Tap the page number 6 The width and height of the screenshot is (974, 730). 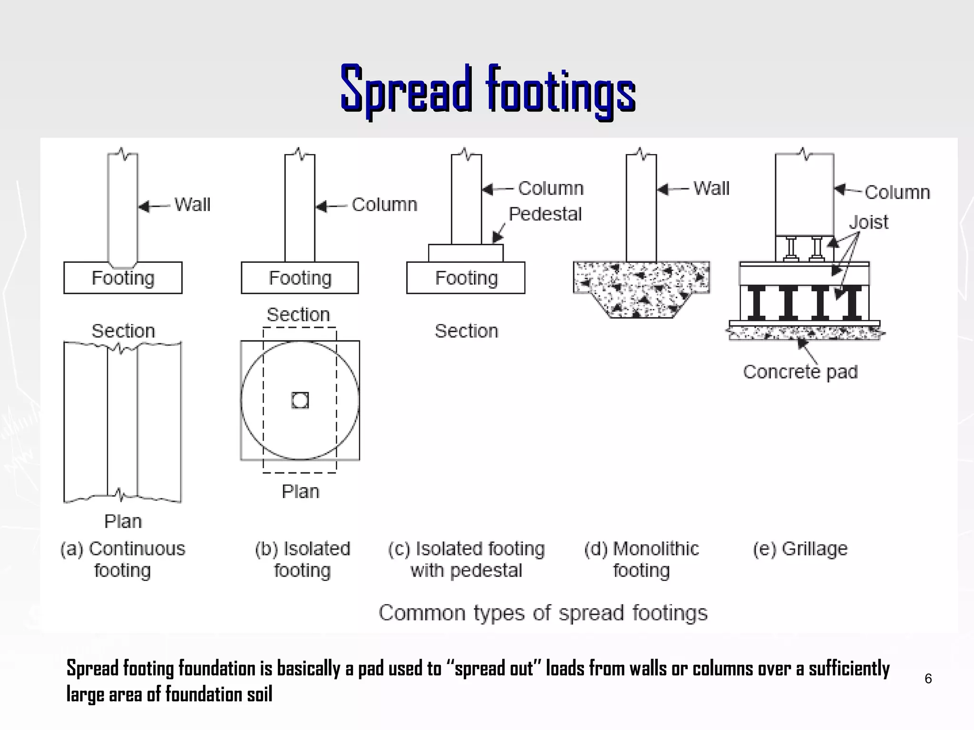tap(928, 679)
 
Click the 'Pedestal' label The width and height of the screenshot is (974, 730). tap(545, 214)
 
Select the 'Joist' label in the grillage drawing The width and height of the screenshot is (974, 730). tap(868, 222)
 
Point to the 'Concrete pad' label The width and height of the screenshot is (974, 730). tap(800, 372)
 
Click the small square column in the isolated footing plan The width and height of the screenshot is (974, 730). tap(300, 400)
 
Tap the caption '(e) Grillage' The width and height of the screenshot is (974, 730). tap(800, 549)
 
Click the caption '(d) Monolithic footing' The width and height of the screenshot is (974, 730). tap(642, 559)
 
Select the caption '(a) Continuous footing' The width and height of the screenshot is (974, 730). tap(123, 559)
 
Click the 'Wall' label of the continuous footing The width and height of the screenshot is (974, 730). tap(192, 205)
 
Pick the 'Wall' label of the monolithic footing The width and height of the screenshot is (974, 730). tap(711, 189)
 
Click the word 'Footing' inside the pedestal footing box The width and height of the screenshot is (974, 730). tap(466, 278)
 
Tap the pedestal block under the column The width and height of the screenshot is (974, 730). tap(466, 253)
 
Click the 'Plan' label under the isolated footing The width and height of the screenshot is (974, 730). tap(300, 491)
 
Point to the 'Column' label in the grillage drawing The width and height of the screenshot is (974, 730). tap(897, 192)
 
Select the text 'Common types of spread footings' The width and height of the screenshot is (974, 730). tap(543, 613)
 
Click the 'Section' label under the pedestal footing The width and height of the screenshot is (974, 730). tap(466, 331)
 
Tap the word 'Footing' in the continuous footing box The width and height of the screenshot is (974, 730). tap(123, 278)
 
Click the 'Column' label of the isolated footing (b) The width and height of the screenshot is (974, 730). tap(384, 205)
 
